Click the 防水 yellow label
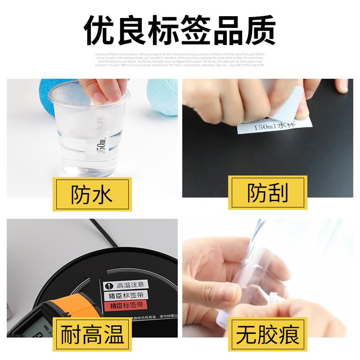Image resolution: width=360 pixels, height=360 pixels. tap(92, 194)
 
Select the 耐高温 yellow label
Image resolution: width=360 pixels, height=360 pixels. tap(92, 334)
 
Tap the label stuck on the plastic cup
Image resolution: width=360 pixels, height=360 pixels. tap(101, 135)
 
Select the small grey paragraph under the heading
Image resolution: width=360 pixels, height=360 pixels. tap(180, 59)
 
